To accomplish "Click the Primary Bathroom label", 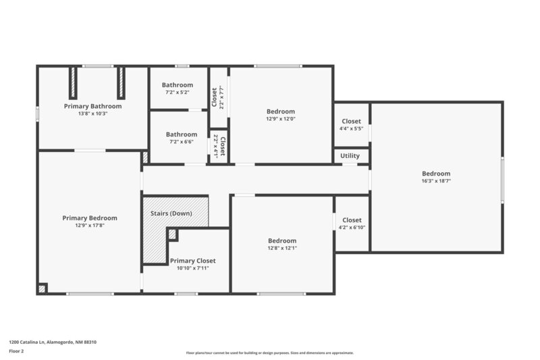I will click(x=92, y=106).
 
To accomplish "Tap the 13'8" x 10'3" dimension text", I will click(x=92, y=113).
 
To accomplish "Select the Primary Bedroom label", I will click(x=90, y=217).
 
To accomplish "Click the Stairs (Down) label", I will click(x=171, y=213).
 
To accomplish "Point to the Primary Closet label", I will click(x=192, y=261).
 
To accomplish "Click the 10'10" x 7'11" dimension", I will click(x=192, y=268).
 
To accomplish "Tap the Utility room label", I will click(x=350, y=156).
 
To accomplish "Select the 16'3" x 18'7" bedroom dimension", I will click(x=436, y=181).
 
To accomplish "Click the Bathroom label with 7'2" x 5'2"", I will click(x=178, y=85).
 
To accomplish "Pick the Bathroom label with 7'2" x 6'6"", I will click(x=182, y=134).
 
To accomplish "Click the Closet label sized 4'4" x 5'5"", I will click(x=351, y=122).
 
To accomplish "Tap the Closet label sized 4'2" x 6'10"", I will click(x=352, y=220).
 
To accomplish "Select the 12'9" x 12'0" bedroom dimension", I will click(x=281, y=119).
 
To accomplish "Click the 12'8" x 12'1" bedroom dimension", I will click(x=281, y=248).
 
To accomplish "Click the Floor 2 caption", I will click(x=17, y=351).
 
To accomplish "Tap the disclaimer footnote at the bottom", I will click(x=269, y=353).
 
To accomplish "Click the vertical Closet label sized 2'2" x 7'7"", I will click(x=215, y=97).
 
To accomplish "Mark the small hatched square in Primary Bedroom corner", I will click(x=43, y=288).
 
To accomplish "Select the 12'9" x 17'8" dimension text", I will click(x=90, y=225).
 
